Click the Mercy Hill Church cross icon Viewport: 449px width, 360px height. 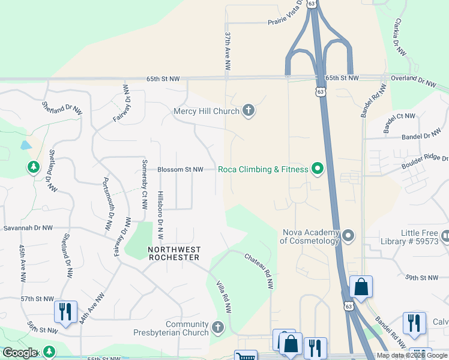[249, 110]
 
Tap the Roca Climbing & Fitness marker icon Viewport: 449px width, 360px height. [318, 170]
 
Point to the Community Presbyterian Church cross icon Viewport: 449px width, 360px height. [218, 328]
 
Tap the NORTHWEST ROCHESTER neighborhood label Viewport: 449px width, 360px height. [174, 253]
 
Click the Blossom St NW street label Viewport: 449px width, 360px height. [180, 170]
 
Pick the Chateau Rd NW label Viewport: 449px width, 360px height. [259, 271]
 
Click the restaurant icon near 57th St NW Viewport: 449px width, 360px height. [65, 311]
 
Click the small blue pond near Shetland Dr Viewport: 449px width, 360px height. [25, 145]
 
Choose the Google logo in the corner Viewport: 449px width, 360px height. [20, 353]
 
